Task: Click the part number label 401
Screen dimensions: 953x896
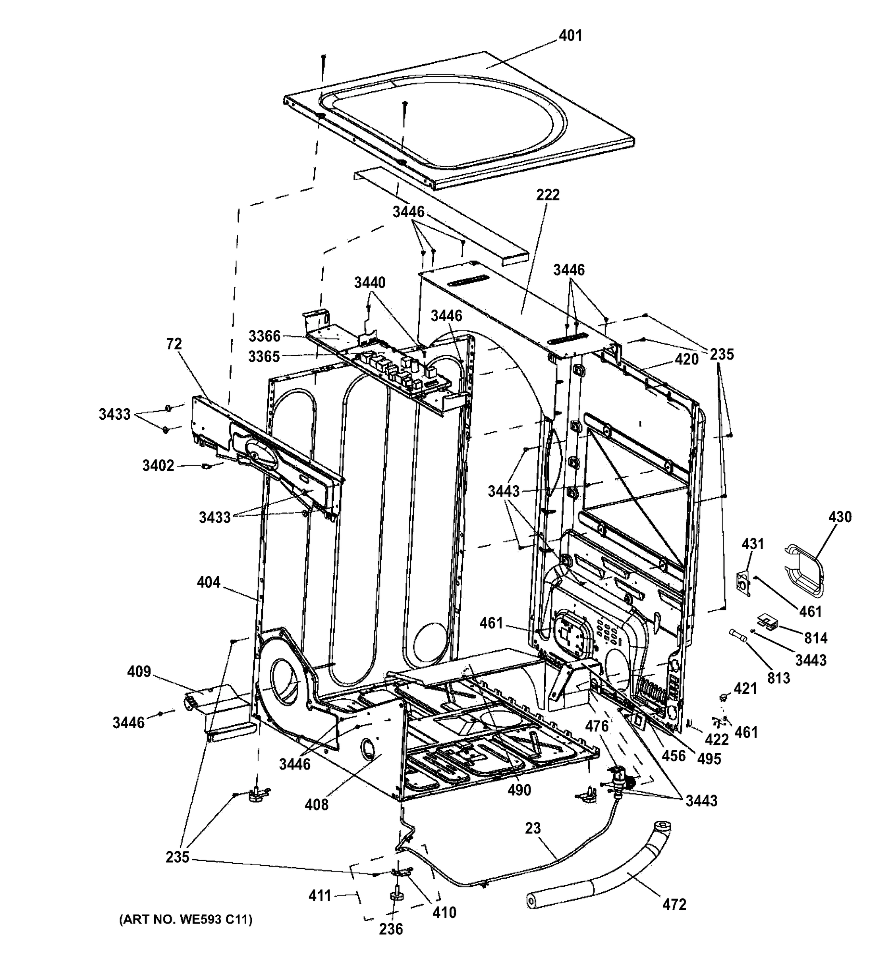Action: [570, 35]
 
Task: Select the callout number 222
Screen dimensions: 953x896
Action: [548, 195]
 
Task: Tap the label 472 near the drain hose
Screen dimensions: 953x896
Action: [674, 905]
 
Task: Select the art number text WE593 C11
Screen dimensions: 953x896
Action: [185, 919]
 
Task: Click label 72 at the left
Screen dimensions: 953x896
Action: [174, 344]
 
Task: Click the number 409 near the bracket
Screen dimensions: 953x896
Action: [139, 671]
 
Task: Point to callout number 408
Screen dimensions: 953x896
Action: [317, 805]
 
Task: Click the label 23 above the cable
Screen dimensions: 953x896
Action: [533, 828]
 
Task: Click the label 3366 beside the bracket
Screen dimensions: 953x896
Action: [264, 336]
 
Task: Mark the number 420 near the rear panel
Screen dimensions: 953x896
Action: [687, 359]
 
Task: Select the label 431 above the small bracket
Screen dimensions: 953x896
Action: [753, 544]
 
